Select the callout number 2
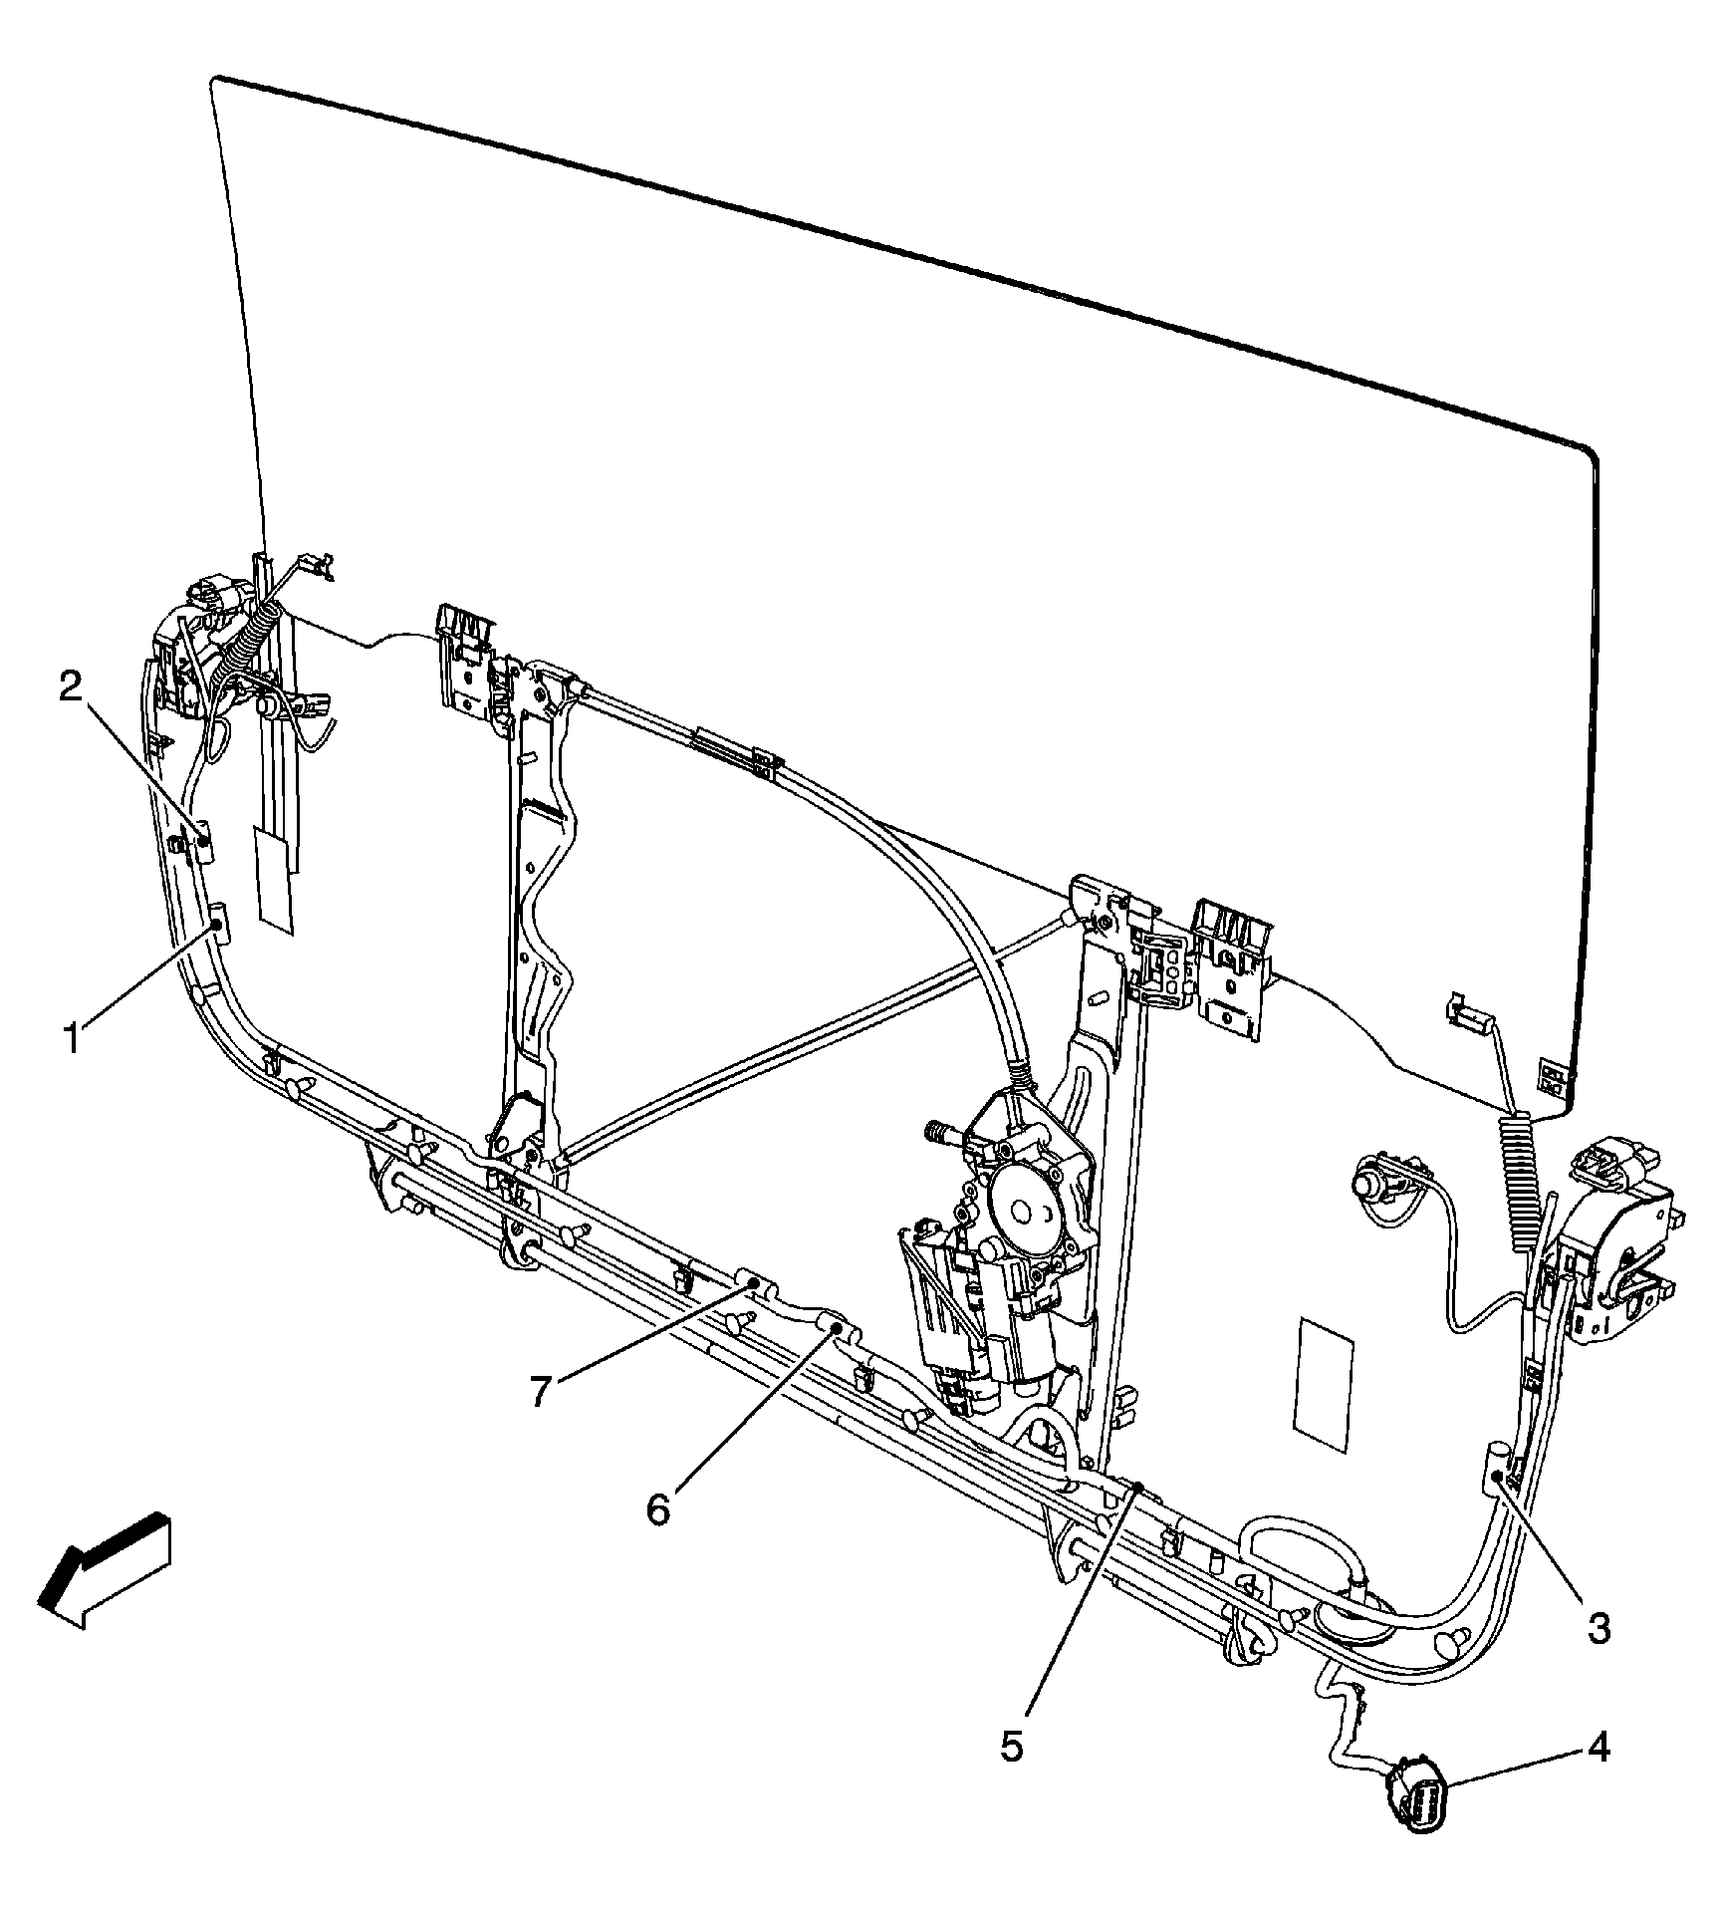(70, 686)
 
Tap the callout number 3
(1599, 1628)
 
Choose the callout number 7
(540, 1391)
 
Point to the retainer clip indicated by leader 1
(217, 924)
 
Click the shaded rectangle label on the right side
(1324, 1387)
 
